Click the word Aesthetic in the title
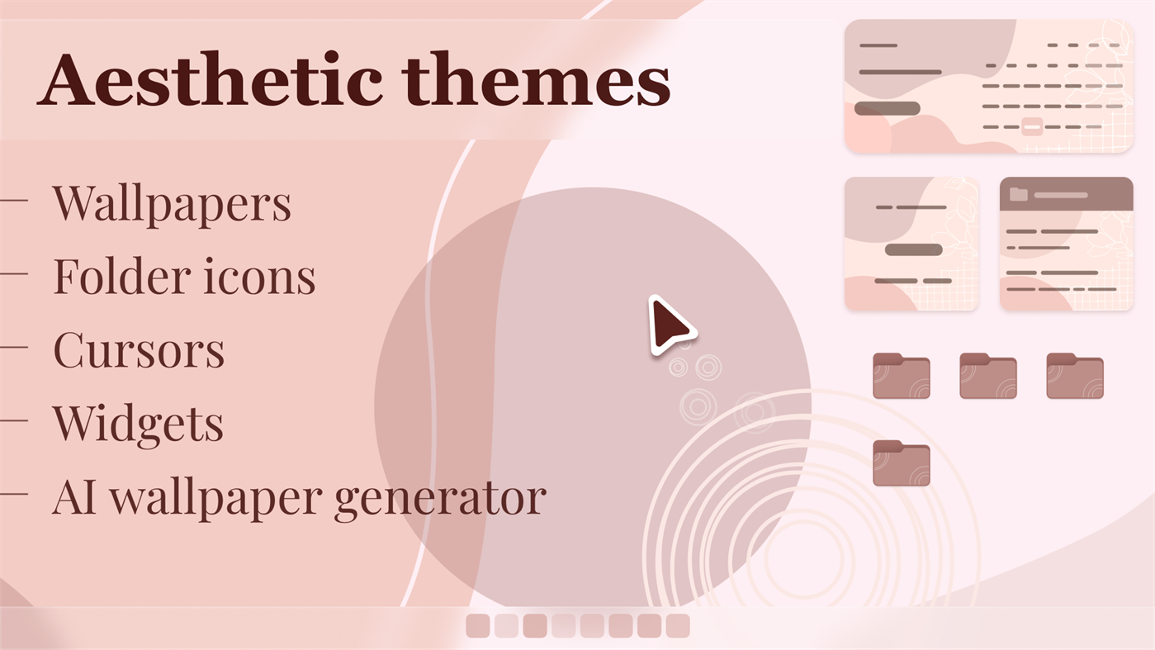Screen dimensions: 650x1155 [x=211, y=80]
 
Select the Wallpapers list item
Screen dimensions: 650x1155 [x=172, y=203]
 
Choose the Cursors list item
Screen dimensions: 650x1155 [x=139, y=349]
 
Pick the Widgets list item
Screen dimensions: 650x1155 [x=138, y=424]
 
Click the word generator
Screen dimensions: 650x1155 [x=440, y=498]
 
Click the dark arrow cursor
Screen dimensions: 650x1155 [x=670, y=325]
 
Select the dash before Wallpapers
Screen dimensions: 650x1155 [x=14, y=199]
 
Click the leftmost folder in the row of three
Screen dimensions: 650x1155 [x=902, y=376]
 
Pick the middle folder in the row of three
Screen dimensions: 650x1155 [x=988, y=376]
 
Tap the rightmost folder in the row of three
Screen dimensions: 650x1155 [x=1075, y=376]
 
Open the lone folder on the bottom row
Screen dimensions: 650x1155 [x=902, y=463]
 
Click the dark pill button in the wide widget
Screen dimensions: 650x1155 [x=888, y=109]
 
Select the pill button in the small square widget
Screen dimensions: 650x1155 [x=914, y=249]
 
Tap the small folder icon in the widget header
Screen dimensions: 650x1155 [x=1019, y=195]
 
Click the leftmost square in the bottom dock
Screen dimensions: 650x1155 [x=478, y=626]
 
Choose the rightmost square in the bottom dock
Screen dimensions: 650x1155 [x=678, y=626]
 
